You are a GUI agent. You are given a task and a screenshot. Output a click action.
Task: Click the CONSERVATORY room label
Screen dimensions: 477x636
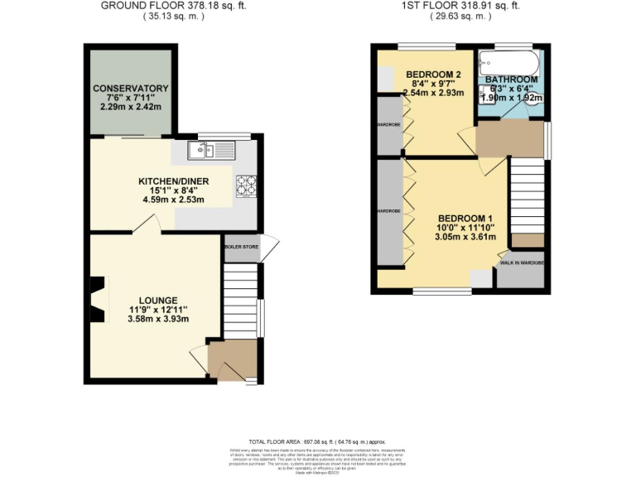click(x=131, y=89)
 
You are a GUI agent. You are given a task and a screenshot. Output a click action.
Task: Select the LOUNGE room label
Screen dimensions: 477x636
click(x=158, y=300)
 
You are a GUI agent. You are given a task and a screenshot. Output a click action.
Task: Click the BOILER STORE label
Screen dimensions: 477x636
click(x=240, y=247)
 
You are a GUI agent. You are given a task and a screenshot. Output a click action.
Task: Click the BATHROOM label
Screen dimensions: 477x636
click(x=512, y=79)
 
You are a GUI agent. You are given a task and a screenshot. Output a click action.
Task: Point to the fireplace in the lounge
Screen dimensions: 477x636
click(x=99, y=299)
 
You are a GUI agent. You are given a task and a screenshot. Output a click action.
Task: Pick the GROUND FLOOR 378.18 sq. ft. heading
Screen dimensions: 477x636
click(x=173, y=5)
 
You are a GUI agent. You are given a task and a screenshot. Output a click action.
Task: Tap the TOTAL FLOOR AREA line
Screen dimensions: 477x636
click(x=317, y=442)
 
